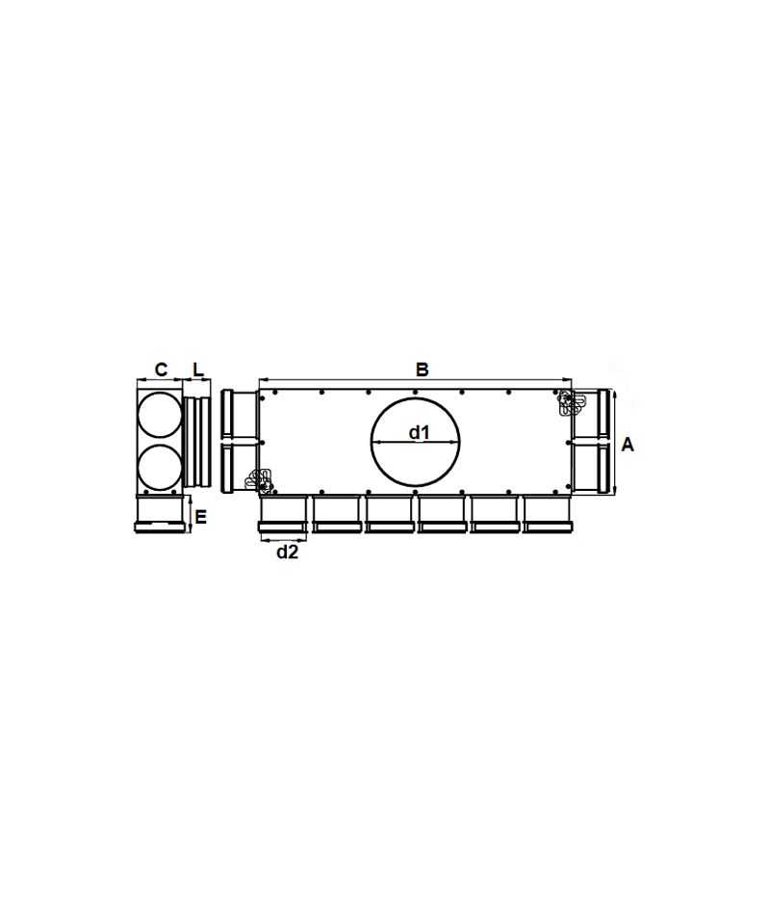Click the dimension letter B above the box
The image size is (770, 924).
pos(422,370)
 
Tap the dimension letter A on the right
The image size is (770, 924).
pos(628,445)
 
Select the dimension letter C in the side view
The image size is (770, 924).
pos(161,370)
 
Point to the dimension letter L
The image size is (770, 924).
pos(198,370)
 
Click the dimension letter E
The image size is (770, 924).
pos(201,518)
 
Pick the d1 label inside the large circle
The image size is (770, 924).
pos(420,432)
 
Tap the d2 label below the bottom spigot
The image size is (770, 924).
pos(288,552)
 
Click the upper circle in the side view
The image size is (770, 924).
pos(159,416)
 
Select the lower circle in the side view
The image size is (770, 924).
pos(159,467)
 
